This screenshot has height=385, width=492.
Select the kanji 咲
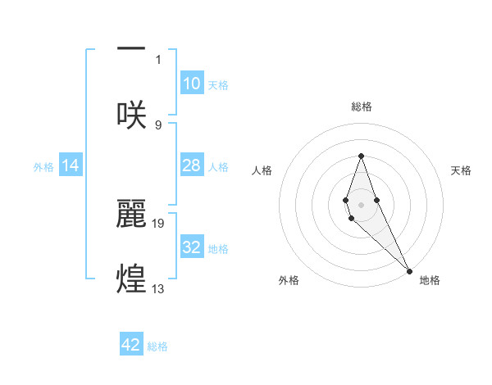(131, 114)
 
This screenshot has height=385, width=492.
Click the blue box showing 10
(192, 84)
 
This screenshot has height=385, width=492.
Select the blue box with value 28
(192, 165)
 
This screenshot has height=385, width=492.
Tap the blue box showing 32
(192, 247)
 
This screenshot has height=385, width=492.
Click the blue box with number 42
(131, 345)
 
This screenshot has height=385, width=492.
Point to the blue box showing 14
(71, 165)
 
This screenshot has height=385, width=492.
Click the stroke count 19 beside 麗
(159, 223)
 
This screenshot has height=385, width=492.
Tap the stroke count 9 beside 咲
(158, 125)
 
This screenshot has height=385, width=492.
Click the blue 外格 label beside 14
(43, 166)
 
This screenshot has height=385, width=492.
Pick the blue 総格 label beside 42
(157, 346)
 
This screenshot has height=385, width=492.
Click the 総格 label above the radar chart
(361, 107)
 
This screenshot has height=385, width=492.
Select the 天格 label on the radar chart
(461, 170)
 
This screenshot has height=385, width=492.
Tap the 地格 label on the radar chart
(430, 280)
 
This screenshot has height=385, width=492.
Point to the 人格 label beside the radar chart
(262, 170)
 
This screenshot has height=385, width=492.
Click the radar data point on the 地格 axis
(409, 270)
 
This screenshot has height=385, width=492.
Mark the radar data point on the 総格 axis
(361, 156)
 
